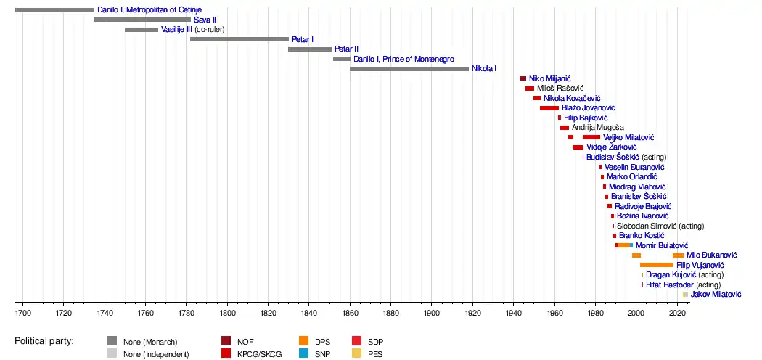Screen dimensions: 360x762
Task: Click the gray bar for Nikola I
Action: pyautogui.click(x=409, y=69)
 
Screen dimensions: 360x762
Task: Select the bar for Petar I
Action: pyautogui.click(x=239, y=39)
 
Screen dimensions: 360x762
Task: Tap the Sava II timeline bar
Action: pyautogui.click(x=142, y=20)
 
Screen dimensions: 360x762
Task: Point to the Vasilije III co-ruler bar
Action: pyautogui.click(x=142, y=30)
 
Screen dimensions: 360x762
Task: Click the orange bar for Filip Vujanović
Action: pyautogui.click(x=657, y=265)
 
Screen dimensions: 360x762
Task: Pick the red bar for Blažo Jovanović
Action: pyautogui.click(x=549, y=108)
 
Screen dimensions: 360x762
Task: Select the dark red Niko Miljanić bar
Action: pyautogui.click(x=523, y=78)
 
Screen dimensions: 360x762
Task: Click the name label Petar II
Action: pyautogui.click(x=346, y=49)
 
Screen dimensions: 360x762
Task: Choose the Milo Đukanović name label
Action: pyautogui.click(x=711, y=255)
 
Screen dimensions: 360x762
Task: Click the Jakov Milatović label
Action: pyautogui.click(x=716, y=295)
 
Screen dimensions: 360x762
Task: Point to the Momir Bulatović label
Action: pyautogui.click(x=662, y=245)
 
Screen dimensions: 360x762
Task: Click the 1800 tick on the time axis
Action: pyautogui.click(x=227, y=313)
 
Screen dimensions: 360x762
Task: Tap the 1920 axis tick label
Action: pyautogui.click(x=473, y=313)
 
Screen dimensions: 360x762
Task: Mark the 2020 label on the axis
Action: pyautogui.click(x=678, y=313)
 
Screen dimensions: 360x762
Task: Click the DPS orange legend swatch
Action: pyautogui.click(x=303, y=341)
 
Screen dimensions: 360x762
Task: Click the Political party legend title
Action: pyautogui.click(x=49, y=341)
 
